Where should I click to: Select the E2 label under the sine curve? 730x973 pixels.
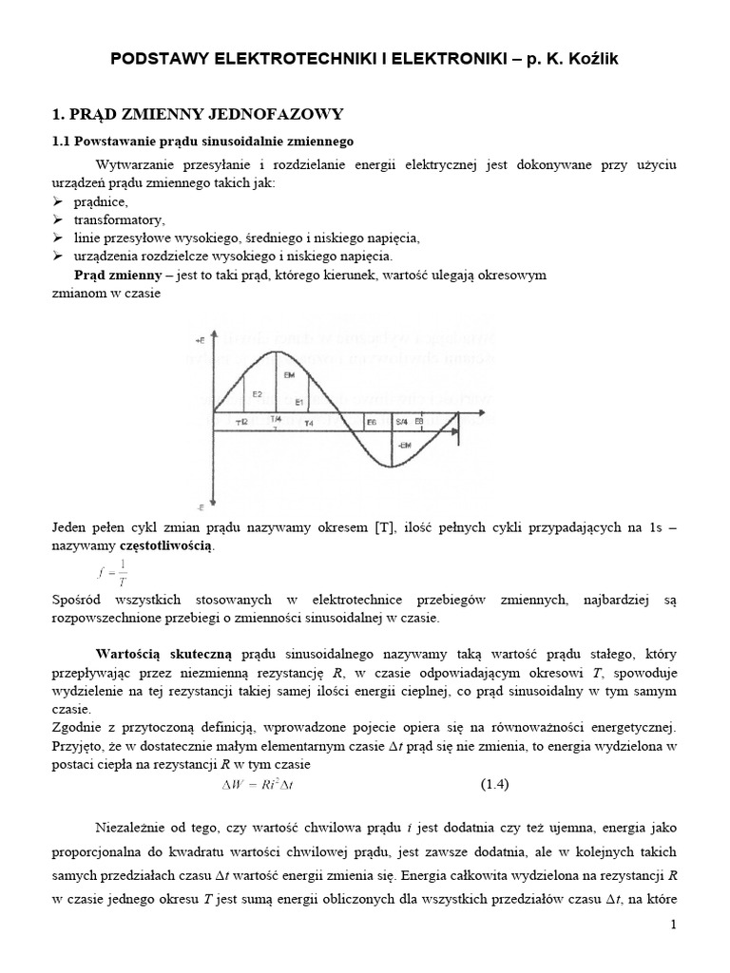pyautogui.click(x=256, y=392)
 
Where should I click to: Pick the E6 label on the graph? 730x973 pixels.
pyautogui.click(x=372, y=421)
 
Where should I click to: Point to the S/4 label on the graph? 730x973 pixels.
pyautogui.click(x=402, y=421)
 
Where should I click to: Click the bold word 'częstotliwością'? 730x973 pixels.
pyautogui.click(x=166, y=546)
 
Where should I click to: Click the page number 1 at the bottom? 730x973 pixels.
pyautogui.click(x=672, y=952)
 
